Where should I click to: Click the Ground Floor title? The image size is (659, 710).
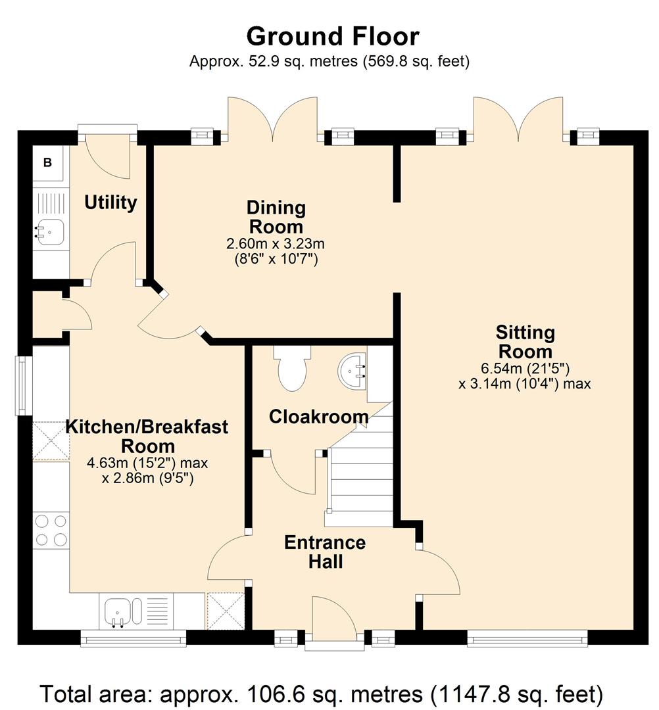(333, 37)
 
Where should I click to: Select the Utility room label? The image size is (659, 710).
(110, 202)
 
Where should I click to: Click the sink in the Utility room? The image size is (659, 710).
(51, 231)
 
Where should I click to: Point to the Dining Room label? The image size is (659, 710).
(276, 217)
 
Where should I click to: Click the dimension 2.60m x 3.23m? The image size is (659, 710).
(276, 244)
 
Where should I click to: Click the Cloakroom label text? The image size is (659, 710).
(319, 417)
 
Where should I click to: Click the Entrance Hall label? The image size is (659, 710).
(325, 552)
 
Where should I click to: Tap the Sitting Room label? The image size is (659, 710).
(525, 342)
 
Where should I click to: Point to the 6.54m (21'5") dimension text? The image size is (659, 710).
(525, 368)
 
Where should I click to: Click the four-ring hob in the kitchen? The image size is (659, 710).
(51, 531)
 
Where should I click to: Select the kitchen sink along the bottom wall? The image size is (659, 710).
(123, 612)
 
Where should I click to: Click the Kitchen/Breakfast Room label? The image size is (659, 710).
(147, 437)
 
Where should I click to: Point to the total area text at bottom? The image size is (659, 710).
(322, 694)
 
